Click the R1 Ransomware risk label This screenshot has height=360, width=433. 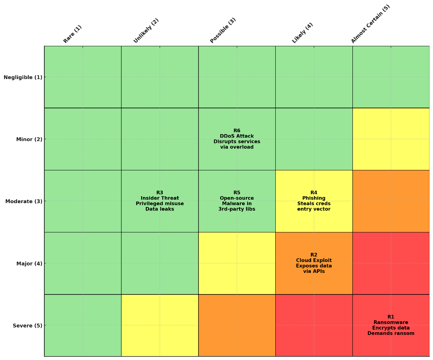point(391,325)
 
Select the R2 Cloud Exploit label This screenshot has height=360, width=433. point(314,263)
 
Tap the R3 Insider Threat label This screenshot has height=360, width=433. point(160,201)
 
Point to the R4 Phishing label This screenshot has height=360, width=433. point(314,201)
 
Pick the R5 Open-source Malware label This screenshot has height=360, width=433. point(237,201)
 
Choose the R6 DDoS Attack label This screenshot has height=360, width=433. point(237,139)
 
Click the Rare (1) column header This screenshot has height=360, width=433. point(72,34)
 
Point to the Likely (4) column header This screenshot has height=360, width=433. point(303,33)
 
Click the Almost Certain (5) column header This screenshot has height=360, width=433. point(371,24)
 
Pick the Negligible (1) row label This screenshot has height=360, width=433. point(23,77)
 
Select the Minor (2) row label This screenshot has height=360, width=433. point(29,139)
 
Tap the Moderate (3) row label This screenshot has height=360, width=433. point(24,201)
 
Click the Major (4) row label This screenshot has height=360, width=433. point(29,264)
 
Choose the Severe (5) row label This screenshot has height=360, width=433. point(27,326)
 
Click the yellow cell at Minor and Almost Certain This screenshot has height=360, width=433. point(391,139)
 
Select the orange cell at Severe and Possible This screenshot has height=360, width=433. point(237,325)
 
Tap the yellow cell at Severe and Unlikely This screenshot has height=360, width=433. point(160,325)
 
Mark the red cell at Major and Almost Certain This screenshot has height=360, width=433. point(391,263)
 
